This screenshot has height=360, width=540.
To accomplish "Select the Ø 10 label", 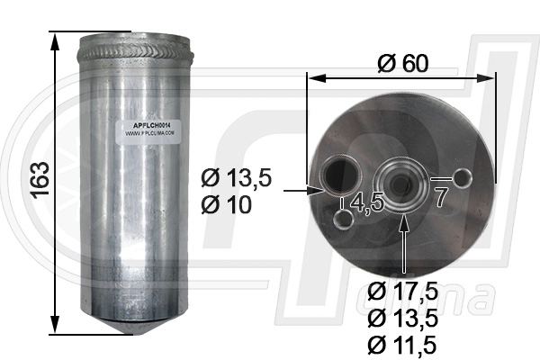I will [225, 205].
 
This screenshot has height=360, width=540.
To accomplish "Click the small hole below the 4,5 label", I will [343, 218].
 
